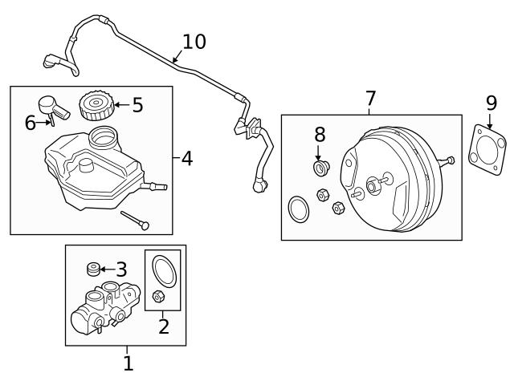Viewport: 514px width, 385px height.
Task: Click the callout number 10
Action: (194, 42)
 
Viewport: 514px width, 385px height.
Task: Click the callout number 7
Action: (370, 99)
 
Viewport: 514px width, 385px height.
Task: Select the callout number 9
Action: (492, 103)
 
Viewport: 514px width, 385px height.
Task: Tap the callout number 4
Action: (186, 158)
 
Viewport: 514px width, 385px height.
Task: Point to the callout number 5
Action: (137, 105)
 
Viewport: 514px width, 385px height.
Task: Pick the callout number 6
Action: (31, 122)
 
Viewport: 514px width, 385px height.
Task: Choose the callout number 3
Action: (121, 269)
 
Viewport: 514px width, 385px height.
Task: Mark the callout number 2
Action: (163, 326)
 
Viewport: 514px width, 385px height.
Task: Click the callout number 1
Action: (128, 363)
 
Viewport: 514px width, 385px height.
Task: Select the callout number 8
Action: (319, 134)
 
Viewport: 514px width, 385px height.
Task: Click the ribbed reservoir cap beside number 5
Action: (94, 105)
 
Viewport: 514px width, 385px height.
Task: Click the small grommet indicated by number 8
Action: (320, 168)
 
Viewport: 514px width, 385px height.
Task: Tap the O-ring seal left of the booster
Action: (298, 209)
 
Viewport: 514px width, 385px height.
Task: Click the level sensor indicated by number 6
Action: (51, 109)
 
